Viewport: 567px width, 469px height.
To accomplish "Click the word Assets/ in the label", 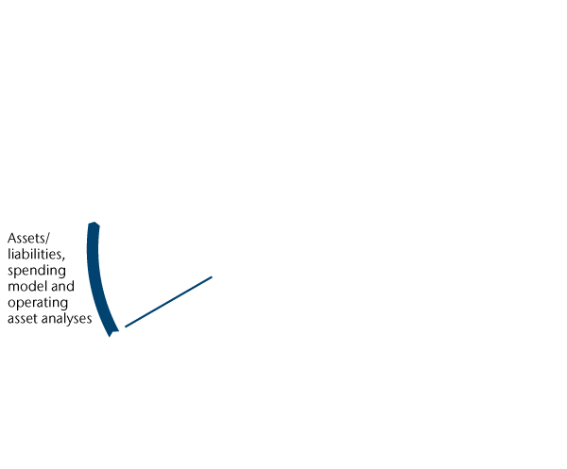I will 27,239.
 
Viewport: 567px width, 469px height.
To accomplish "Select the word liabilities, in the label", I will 35,255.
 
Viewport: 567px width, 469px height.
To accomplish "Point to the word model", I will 26,287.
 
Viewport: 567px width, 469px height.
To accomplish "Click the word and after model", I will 60,287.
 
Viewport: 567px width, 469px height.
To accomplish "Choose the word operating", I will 38,304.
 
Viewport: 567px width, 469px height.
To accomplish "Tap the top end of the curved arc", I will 93,225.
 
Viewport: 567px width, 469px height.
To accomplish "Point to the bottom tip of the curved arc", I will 112,334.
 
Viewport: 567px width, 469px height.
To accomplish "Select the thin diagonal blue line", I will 168,302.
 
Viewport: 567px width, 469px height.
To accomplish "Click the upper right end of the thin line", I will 212,276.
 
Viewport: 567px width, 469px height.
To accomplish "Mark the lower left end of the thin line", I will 126,327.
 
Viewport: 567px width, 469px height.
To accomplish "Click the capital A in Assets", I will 10,239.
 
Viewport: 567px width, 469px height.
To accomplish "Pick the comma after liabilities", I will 63,259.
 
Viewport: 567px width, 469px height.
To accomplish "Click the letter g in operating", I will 65,306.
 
